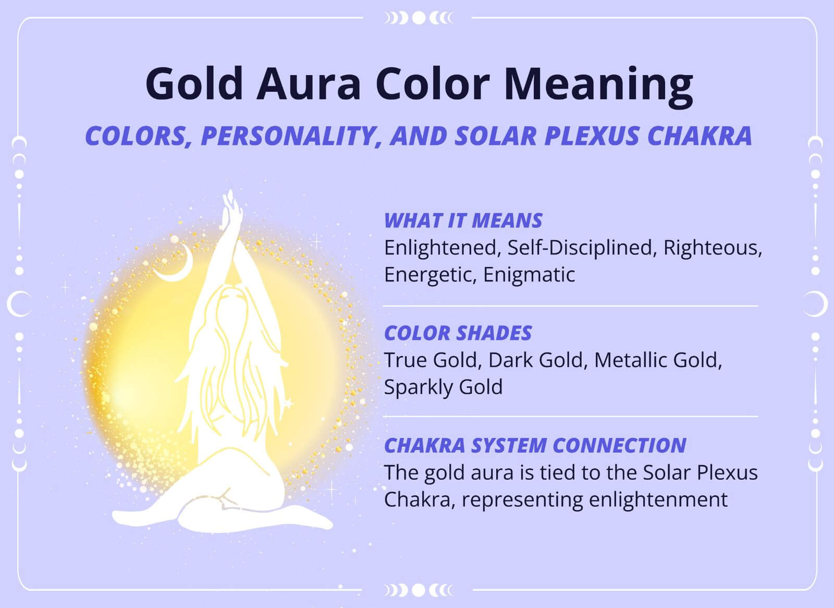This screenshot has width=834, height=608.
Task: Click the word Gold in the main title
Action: (x=194, y=83)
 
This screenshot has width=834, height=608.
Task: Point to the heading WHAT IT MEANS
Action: (x=463, y=221)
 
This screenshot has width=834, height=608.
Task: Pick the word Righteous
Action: (x=712, y=248)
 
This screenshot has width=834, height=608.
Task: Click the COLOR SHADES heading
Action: (x=458, y=333)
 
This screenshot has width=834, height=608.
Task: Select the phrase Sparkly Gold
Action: (x=443, y=387)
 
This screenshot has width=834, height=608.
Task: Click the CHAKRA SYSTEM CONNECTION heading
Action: (x=535, y=445)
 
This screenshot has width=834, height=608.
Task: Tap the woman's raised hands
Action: (x=231, y=209)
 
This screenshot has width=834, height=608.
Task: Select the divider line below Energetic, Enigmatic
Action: (x=570, y=306)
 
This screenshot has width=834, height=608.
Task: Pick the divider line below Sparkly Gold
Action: (x=570, y=417)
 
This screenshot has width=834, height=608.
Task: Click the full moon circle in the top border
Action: (x=419, y=18)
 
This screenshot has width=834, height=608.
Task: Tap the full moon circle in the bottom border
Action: (x=419, y=590)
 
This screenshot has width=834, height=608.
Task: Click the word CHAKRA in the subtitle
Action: (x=699, y=136)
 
